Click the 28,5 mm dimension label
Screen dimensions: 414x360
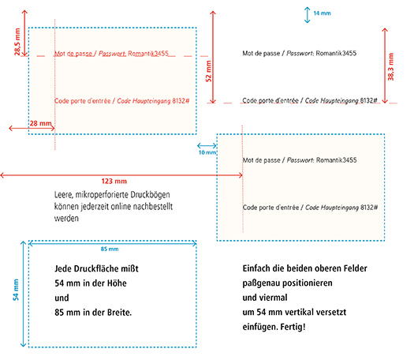click(17, 42)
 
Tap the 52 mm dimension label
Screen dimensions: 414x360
click(209, 71)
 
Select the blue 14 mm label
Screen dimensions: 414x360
click(322, 13)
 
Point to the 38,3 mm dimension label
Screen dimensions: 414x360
click(391, 66)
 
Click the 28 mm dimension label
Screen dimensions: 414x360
click(40, 123)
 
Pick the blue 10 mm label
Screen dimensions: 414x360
click(207, 152)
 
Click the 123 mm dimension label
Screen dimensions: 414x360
click(114, 182)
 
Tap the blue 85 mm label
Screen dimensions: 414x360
click(110, 249)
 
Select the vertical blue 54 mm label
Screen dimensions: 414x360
click(16, 290)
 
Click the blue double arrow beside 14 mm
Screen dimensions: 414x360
click(307, 15)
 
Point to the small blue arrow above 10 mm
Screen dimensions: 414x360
click(207, 145)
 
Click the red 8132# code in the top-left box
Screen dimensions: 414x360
click(181, 101)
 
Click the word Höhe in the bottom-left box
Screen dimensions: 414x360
click(117, 283)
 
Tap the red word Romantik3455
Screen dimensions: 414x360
click(148, 54)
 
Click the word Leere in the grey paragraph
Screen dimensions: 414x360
click(64, 195)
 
